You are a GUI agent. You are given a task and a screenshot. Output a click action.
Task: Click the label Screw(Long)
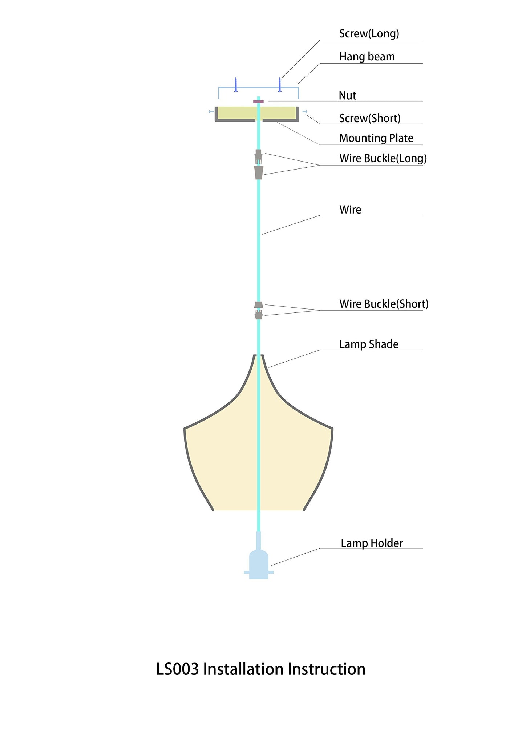click(x=369, y=34)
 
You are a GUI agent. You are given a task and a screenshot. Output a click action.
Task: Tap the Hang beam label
click(x=367, y=57)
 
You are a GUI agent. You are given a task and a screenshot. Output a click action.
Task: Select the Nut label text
click(x=348, y=96)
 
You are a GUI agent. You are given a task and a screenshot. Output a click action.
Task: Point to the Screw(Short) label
click(x=370, y=118)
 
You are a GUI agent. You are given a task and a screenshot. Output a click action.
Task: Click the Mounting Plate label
click(x=376, y=138)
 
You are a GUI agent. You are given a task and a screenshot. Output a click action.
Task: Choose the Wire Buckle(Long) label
click(x=383, y=158)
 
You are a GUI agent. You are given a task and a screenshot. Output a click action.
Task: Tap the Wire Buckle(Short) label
click(x=384, y=304)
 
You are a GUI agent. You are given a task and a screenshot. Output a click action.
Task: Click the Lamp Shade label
click(x=369, y=344)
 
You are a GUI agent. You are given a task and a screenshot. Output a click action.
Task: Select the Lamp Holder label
click(x=372, y=543)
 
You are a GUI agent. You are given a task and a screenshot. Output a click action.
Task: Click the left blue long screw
click(x=236, y=84)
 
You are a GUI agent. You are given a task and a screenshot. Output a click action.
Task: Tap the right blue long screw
click(x=280, y=84)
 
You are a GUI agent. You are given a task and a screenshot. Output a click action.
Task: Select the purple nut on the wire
click(x=258, y=101)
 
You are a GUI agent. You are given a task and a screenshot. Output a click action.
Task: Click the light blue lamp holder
click(x=258, y=563)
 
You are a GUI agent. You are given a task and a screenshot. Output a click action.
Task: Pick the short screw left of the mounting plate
click(x=211, y=111)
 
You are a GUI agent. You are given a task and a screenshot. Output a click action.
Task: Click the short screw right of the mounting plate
click(x=304, y=111)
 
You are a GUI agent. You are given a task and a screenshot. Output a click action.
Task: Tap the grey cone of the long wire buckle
click(x=258, y=172)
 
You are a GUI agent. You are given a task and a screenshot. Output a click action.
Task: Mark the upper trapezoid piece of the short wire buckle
click(x=258, y=304)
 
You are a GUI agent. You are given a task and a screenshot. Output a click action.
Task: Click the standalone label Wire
click(x=350, y=210)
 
